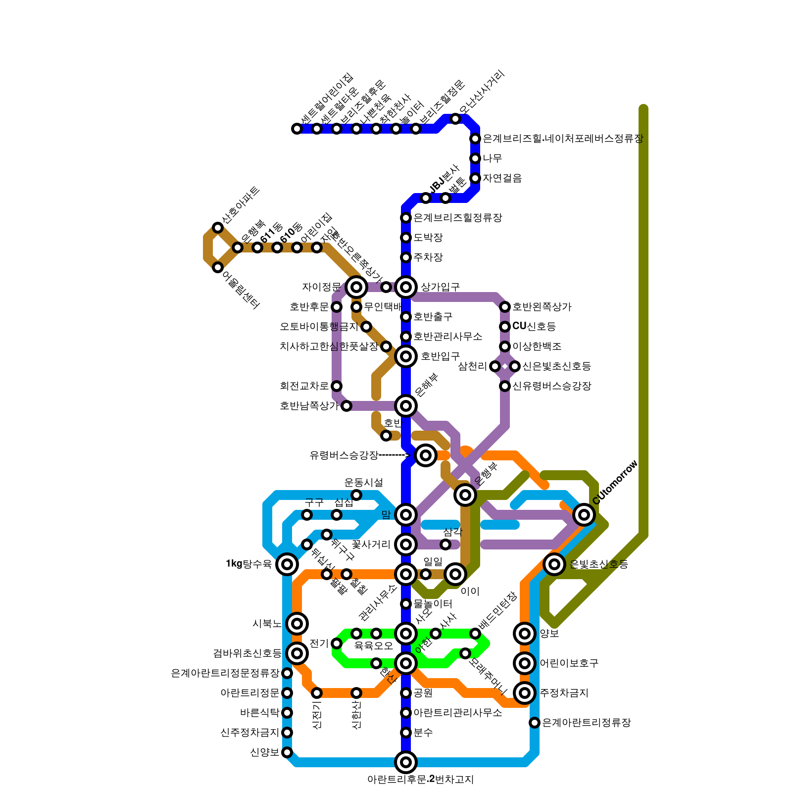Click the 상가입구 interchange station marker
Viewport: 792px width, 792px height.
coord(406,287)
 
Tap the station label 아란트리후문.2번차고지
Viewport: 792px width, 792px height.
coord(420,780)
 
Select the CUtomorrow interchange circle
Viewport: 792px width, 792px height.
coord(584,515)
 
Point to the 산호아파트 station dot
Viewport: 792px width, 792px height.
coord(218,228)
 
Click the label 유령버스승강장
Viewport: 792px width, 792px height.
coord(344,455)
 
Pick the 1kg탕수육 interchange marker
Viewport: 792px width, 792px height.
coord(287,564)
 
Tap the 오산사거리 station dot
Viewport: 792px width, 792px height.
coord(455,119)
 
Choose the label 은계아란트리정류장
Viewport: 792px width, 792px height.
coord(586,723)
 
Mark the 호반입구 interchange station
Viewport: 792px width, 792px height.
coord(406,356)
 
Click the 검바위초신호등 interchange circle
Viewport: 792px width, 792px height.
coord(297,653)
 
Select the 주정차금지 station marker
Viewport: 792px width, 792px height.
coord(525,693)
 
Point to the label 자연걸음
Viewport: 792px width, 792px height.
coord(502,178)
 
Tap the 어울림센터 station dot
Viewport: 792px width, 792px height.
coord(218,267)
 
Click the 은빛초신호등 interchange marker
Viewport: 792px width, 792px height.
coord(554,564)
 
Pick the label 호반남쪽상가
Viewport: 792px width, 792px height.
coord(309,406)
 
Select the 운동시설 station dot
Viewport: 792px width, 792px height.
coord(356,495)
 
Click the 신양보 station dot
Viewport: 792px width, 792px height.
coord(287,752)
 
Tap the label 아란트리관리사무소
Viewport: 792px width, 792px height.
coord(457,713)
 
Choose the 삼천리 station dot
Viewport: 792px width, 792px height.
coord(495,366)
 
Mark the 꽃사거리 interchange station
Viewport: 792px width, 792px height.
coord(406,544)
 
